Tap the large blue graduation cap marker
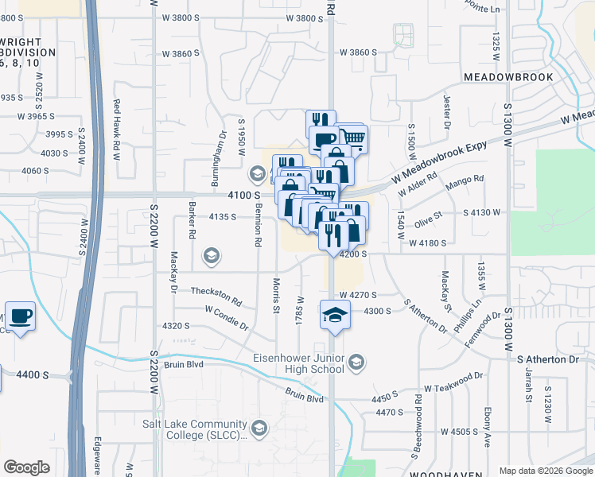tap(336, 316)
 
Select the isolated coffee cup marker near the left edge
tap(19, 317)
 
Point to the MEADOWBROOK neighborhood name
tap(506, 77)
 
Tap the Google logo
tap(26, 467)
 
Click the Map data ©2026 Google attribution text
tap(545, 471)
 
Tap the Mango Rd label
tap(467, 180)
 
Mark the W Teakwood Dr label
tap(453, 381)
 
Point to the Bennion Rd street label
tap(259, 226)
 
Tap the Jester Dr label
tap(446, 112)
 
